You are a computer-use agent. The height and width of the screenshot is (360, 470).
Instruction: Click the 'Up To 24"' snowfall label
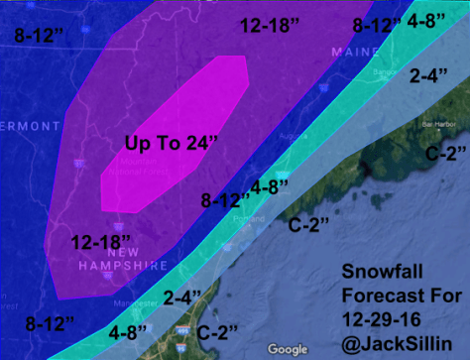pyautogui.click(x=172, y=142)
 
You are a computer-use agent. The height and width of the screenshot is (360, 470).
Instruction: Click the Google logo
pyautogui.click(x=287, y=349)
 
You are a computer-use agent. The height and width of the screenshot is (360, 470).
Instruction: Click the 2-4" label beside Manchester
pyautogui.click(x=183, y=296)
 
